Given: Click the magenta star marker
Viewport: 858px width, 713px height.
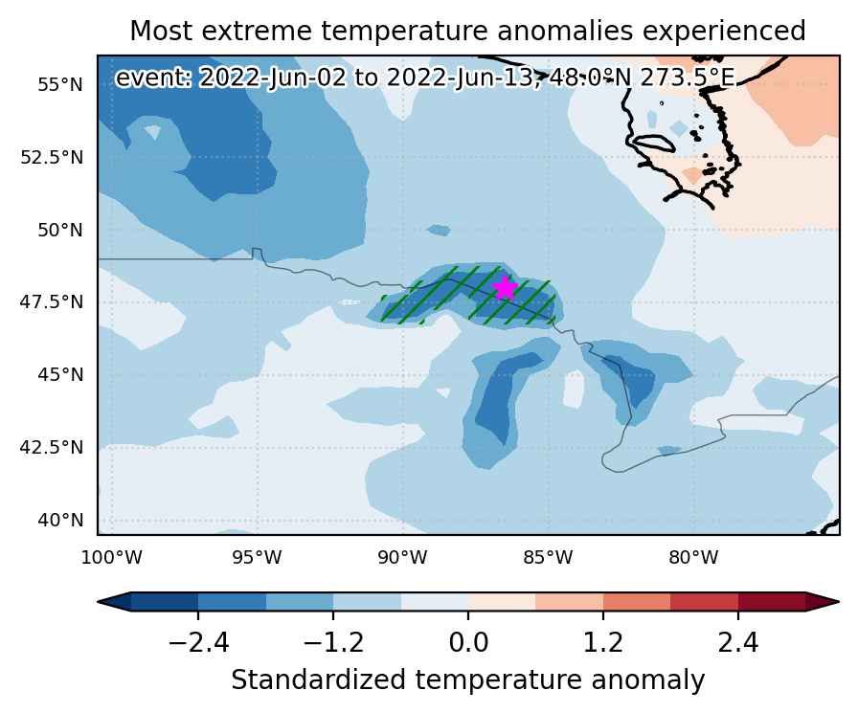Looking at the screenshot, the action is (x=505, y=288).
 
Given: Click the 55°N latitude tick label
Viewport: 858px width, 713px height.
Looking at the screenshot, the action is (x=60, y=85).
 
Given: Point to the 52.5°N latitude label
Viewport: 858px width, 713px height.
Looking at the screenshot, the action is (x=52, y=158).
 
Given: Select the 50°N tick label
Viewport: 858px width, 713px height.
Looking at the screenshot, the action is (x=60, y=231).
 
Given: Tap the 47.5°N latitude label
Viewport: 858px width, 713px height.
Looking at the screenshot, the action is (x=52, y=301).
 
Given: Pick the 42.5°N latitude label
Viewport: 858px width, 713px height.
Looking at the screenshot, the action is (x=52, y=447).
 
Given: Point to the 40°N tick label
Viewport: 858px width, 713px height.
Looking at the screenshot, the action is (x=60, y=520).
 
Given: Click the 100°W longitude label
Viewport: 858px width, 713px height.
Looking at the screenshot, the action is (x=112, y=558).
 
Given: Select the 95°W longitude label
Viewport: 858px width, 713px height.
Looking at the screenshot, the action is (x=258, y=558).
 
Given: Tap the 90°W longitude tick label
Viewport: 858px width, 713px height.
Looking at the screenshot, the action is (x=403, y=558).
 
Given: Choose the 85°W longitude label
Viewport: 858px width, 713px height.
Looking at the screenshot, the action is (x=549, y=558).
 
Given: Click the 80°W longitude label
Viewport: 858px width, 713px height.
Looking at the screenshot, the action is (x=694, y=558).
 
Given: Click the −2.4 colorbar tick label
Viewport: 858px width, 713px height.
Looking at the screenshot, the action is (x=198, y=641).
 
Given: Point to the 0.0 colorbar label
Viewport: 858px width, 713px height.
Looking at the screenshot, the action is (x=468, y=641).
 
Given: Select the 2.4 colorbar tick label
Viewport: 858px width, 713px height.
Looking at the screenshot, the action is (x=738, y=641).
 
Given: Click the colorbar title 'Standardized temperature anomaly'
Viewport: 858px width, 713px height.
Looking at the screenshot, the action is (x=468, y=680).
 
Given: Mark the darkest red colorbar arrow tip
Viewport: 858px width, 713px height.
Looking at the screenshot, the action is (x=839, y=602).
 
